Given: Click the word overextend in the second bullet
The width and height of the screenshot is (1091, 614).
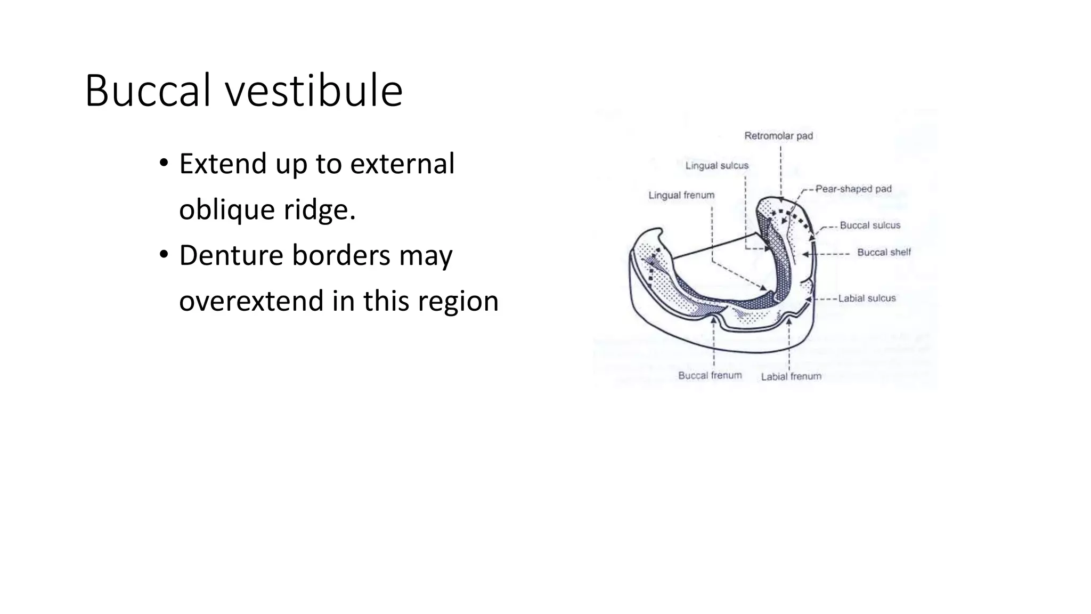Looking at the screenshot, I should point(251,301).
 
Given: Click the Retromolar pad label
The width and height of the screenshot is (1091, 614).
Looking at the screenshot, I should point(778,136).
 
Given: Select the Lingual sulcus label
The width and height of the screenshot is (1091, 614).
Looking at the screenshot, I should point(717,166).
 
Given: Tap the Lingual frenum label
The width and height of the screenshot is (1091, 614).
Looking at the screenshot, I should point(681,195).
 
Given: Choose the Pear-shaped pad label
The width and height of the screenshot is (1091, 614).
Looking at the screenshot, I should point(853,189).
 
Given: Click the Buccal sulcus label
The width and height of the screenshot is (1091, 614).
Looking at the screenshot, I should point(870,225).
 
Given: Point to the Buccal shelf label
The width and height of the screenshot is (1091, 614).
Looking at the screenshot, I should point(884,252).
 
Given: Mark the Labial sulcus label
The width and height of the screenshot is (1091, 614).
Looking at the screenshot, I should point(867,298).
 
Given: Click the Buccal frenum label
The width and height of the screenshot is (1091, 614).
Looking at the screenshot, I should point(710,375).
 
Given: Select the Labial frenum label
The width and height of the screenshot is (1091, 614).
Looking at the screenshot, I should point(791,376).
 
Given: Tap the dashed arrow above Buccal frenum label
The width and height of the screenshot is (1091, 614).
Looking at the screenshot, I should point(713,346).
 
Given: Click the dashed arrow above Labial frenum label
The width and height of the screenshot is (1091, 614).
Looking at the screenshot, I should point(788,346).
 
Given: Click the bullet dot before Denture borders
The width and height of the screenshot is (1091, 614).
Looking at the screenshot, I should point(164,255).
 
